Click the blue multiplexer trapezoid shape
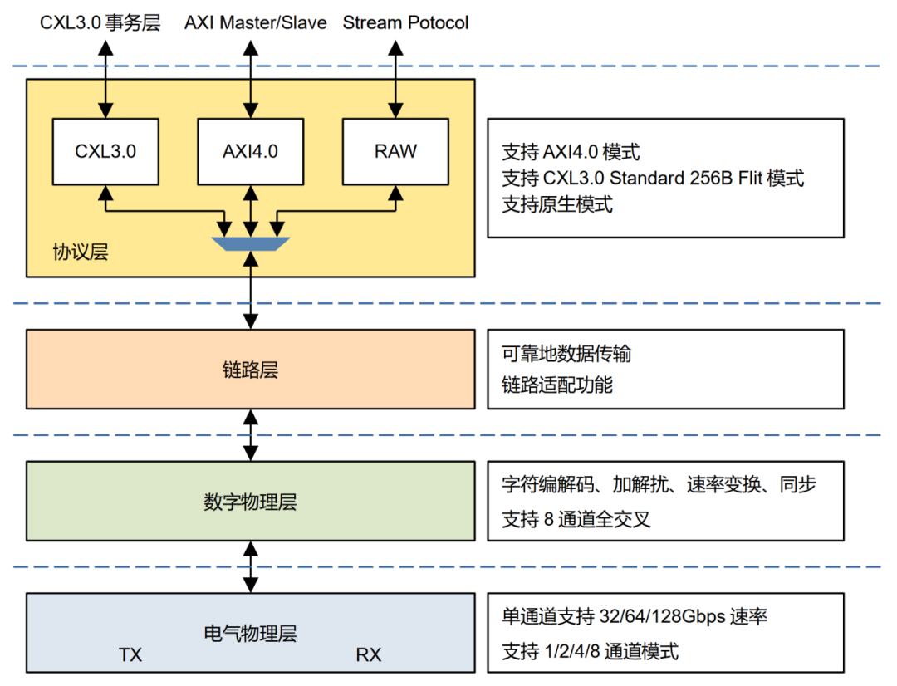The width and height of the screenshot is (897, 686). pyautogui.click(x=251, y=243)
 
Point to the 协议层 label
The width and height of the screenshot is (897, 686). pyautogui.click(x=81, y=252)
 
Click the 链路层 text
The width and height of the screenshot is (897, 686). pyautogui.click(x=251, y=370)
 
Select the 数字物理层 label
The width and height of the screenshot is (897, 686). pyautogui.click(x=251, y=502)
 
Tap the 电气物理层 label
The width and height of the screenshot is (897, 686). pyautogui.click(x=251, y=634)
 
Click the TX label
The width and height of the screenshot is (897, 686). pyautogui.click(x=130, y=654)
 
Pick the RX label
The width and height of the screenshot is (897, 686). pyautogui.click(x=369, y=654)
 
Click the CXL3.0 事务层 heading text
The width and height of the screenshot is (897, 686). pyautogui.click(x=100, y=23)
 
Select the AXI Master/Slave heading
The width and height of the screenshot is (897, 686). pyautogui.click(x=256, y=23)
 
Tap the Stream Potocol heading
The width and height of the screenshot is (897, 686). pyautogui.click(x=405, y=23)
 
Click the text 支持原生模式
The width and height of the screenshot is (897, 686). pyautogui.click(x=557, y=204)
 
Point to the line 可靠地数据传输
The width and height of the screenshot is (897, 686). pyautogui.click(x=566, y=354)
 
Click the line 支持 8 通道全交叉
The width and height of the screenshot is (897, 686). pyautogui.click(x=576, y=519)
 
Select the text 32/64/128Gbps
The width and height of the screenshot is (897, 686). pyautogui.click(x=662, y=616)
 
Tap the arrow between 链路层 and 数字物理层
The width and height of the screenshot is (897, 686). pyautogui.click(x=251, y=435)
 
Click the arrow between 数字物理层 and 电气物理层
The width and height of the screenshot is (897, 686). pyautogui.click(x=251, y=567)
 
